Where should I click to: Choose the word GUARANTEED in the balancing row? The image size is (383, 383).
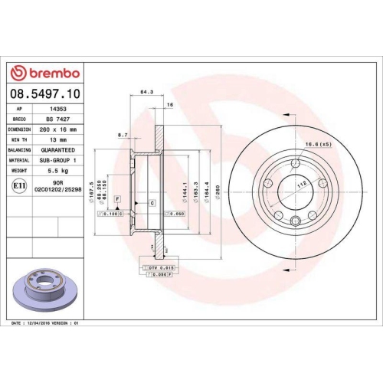64,150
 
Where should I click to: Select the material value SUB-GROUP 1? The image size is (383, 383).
64,160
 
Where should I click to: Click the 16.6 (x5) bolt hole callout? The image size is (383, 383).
317,144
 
